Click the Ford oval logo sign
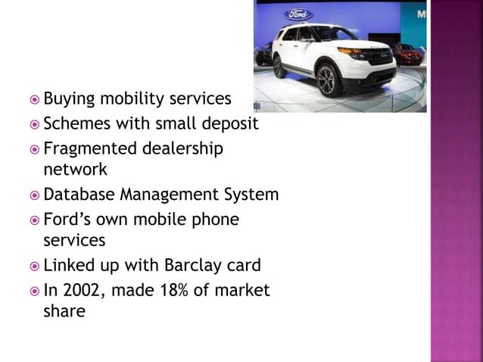pyautogui.click(x=299, y=13)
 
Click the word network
pyautogui.click(x=75, y=169)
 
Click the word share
pyautogui.click(x=64, y=311)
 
